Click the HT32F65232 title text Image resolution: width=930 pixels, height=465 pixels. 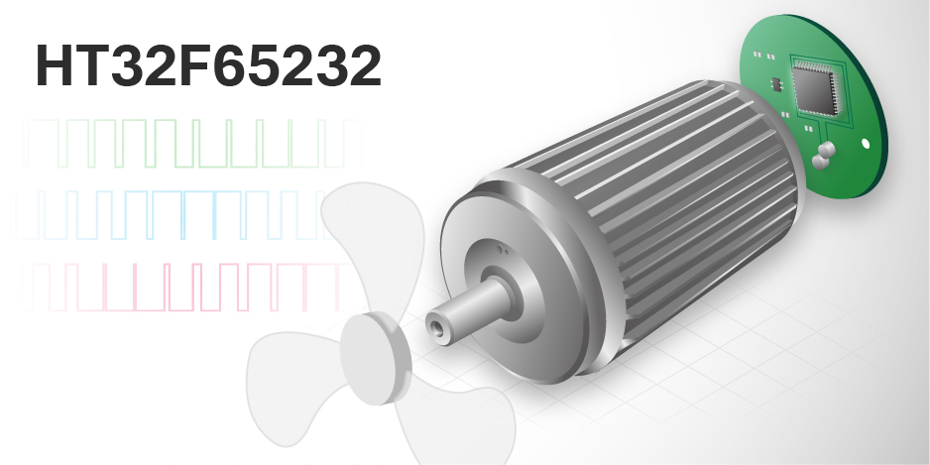coord(208,65)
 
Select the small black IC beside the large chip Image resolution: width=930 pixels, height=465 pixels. coord(775,84)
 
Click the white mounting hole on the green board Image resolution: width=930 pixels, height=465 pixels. coord(866,143)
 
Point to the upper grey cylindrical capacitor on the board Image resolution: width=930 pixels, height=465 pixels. coord(826,150)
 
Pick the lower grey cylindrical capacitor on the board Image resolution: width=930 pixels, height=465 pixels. coord(819,162)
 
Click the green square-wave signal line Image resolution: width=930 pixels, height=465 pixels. coord(192,144)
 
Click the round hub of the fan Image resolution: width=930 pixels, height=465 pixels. coord(376,359)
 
